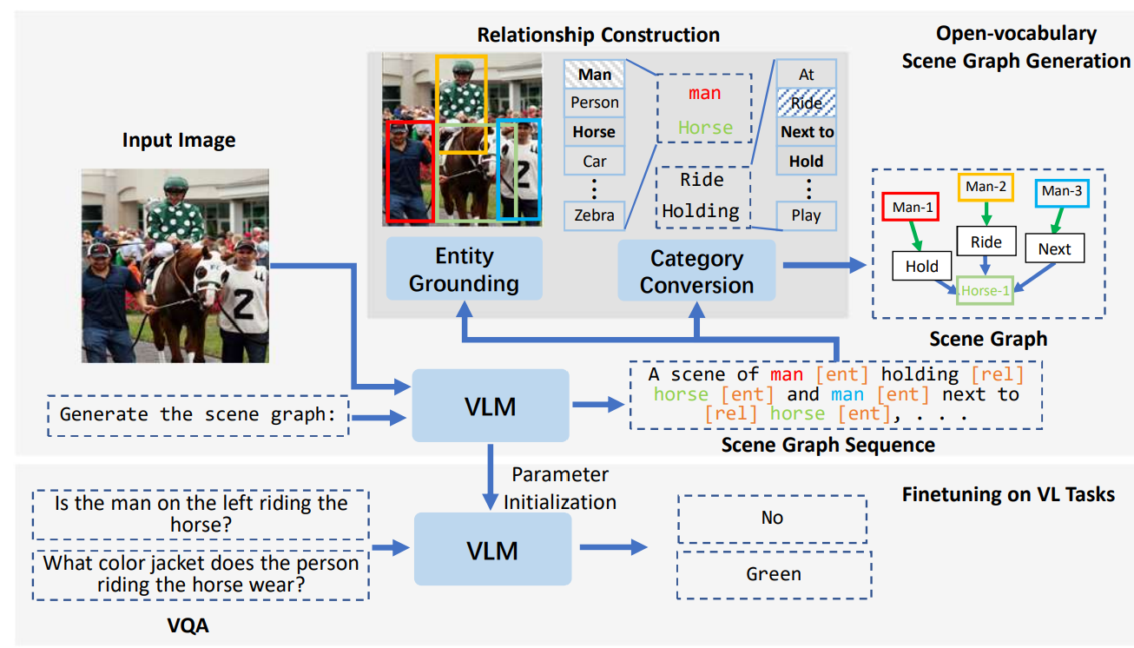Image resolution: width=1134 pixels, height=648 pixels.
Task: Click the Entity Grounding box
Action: click(464, 269)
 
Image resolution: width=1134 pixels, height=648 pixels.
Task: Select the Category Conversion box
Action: click(696, 271)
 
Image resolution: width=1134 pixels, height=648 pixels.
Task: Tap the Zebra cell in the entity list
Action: click(595, 215)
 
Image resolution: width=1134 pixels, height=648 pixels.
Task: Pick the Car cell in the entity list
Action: click(595, 161)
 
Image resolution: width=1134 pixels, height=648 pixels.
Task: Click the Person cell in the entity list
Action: click(595, 102)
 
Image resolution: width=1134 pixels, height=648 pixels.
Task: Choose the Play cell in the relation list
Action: click(806, 215)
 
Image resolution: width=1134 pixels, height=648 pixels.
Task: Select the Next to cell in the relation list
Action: click(806, 132)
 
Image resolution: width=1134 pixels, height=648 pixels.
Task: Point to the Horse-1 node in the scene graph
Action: click(985, 291)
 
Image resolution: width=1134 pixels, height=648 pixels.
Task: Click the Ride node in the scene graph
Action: click(986, 242)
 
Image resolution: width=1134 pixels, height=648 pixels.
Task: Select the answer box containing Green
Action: click(772, 574)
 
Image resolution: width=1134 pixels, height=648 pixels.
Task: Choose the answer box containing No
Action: click(772, 518)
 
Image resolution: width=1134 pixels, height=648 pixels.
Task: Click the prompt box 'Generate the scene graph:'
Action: click(196, 414)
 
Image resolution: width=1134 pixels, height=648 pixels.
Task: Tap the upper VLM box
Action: click(491, 406)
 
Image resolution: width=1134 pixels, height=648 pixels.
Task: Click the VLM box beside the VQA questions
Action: click(492, 549)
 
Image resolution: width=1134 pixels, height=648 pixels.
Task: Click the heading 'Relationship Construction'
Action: click(598, 35)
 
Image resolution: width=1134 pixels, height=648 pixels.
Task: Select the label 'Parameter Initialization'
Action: click(560, 488)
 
